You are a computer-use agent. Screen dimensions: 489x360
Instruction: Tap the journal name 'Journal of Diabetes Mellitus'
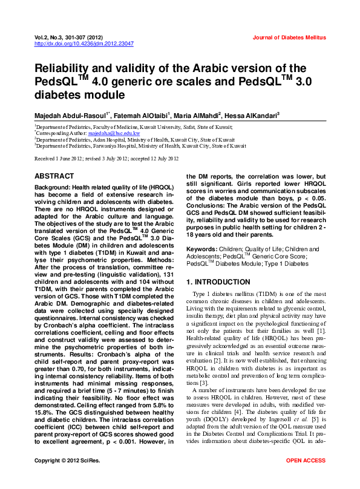point(289,38)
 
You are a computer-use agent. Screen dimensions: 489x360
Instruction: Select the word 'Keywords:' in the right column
point(202,250)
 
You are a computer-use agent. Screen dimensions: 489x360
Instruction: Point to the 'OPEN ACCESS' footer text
point(306,478)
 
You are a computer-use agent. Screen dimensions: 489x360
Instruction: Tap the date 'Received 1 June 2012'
point(62,159)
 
